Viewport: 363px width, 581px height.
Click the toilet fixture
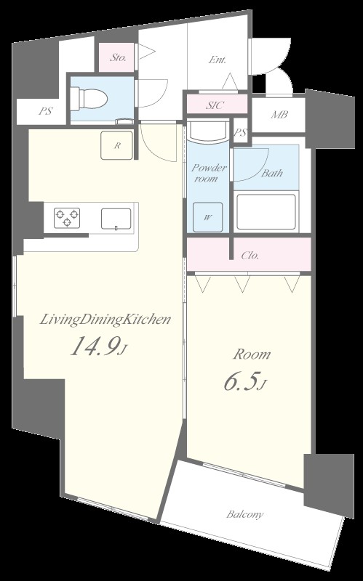click(89, 99)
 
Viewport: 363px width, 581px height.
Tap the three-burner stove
click(67, 218)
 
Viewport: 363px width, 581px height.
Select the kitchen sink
click(116, 219)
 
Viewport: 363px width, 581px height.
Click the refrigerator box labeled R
click(116, 145)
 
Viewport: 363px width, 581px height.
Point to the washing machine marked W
click(208, 217)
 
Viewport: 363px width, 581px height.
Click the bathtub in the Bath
click(266, 211)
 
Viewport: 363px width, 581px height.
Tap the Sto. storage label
click(119, 58)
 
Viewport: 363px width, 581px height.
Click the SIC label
click(215, 105)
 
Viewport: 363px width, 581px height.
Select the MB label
click(279, 115)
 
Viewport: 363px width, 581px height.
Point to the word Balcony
click(245, 514)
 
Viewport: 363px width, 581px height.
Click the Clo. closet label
click(250, 256)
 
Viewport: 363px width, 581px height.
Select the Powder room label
click(208, 173)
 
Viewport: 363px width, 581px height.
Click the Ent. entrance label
click(218, 60)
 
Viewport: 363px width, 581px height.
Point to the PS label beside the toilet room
click(45, 111)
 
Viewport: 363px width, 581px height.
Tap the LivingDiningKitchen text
click(105, 320)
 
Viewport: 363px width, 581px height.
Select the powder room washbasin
click(207, 131)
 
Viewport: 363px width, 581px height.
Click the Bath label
click(272, 173)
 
